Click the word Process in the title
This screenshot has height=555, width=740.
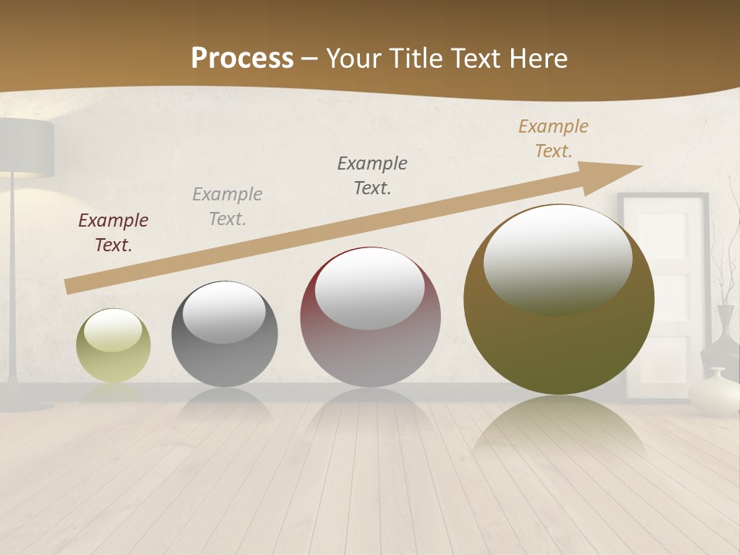(x=242, y=59)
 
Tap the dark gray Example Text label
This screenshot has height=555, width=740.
(x=372, y=176)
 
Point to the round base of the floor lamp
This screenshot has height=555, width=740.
(x=23, y=405)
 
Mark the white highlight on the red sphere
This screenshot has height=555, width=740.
(x=370, y=289)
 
